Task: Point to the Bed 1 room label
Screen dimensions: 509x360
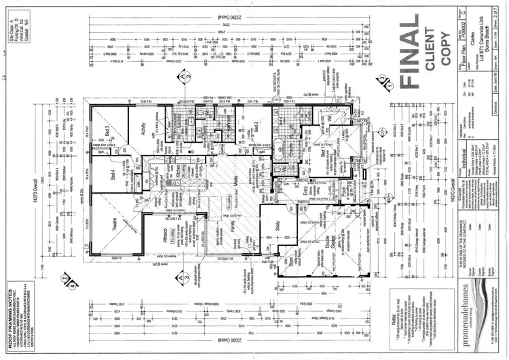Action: click(324, 153)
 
